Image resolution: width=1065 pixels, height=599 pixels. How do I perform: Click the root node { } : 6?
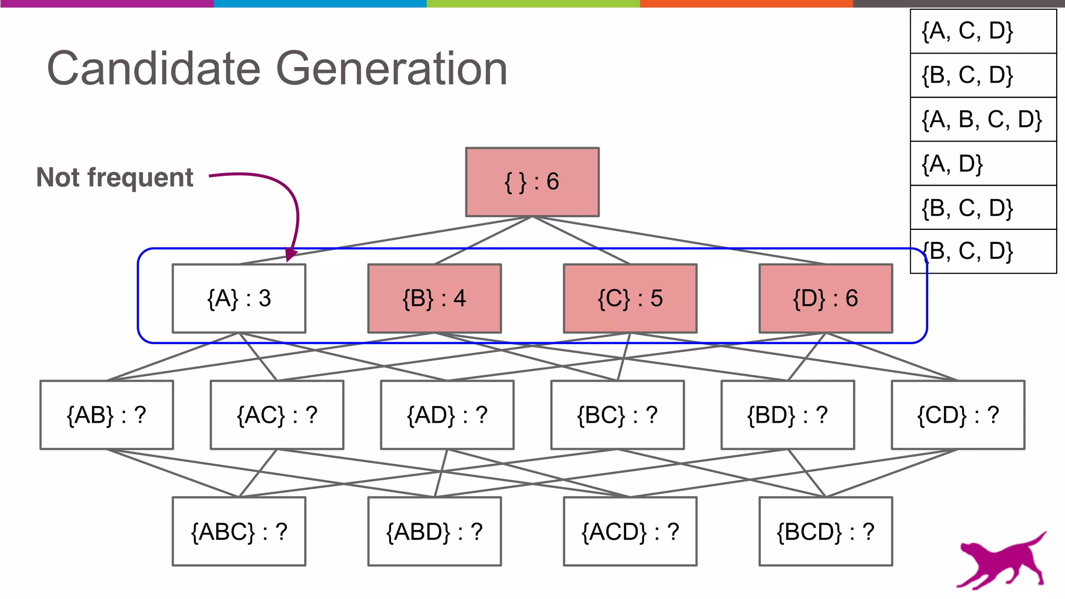pos(532,182)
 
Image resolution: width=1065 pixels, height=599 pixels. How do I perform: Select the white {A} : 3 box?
pos(239,298)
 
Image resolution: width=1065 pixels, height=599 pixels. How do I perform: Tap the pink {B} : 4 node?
pos(434,298)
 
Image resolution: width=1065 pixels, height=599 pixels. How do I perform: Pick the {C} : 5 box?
pos(630,298)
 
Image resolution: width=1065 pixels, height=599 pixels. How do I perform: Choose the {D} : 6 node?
pos(825,298)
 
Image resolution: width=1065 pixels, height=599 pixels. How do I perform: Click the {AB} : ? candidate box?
pos(107,415)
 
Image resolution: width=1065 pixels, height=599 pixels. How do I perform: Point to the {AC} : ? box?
pos(277,415)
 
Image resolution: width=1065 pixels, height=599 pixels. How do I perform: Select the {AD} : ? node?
pos(447,415)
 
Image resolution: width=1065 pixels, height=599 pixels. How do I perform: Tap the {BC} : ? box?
pos(617,415)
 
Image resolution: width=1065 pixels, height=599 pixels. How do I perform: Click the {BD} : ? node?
pos(787,415)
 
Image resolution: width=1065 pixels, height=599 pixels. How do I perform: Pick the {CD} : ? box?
pos(958,415)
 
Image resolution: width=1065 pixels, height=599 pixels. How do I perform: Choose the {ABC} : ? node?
pos(239,531)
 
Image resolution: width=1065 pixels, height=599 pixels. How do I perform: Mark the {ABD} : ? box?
pos(434,531)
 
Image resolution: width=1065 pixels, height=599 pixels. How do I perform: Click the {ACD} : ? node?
pos(630,531)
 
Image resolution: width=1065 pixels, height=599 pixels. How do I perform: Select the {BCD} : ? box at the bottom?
pos(825,531)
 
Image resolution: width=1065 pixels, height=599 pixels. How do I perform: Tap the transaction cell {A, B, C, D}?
pos(983,120)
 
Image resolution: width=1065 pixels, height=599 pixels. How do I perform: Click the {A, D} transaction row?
pos(983,164)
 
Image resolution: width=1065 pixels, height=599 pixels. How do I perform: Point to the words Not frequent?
pos(114,177)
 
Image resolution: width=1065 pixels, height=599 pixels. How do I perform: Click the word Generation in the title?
pos(391,69)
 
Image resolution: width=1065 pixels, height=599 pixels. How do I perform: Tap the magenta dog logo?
pos(1001,561)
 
